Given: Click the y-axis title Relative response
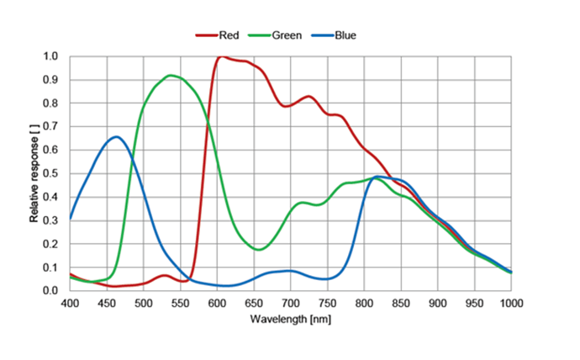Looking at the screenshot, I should [x=34, y=173].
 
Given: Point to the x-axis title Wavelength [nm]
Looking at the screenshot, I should [x=290, y=320].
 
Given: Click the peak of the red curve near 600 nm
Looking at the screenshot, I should [x=221, y=57].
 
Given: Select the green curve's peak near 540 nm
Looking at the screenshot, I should [x=171, y=76].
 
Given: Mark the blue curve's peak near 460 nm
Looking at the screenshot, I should [x=116, y=137].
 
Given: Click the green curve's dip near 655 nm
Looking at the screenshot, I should [x=259, y=250].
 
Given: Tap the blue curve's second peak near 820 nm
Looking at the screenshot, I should [x=377, y=177].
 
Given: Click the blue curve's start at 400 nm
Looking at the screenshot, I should [x=71, y=219].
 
